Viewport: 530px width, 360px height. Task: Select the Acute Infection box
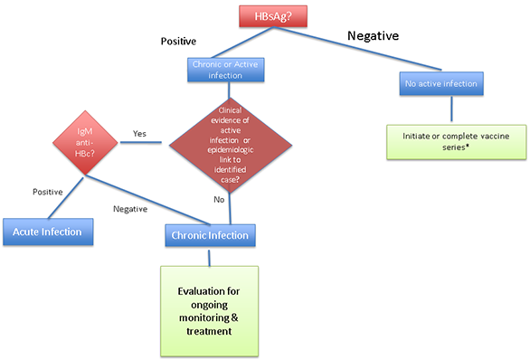pos(47,232)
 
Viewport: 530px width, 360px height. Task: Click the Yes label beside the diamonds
pos(139,133)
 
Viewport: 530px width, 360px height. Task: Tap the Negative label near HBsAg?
pos(375,35)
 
